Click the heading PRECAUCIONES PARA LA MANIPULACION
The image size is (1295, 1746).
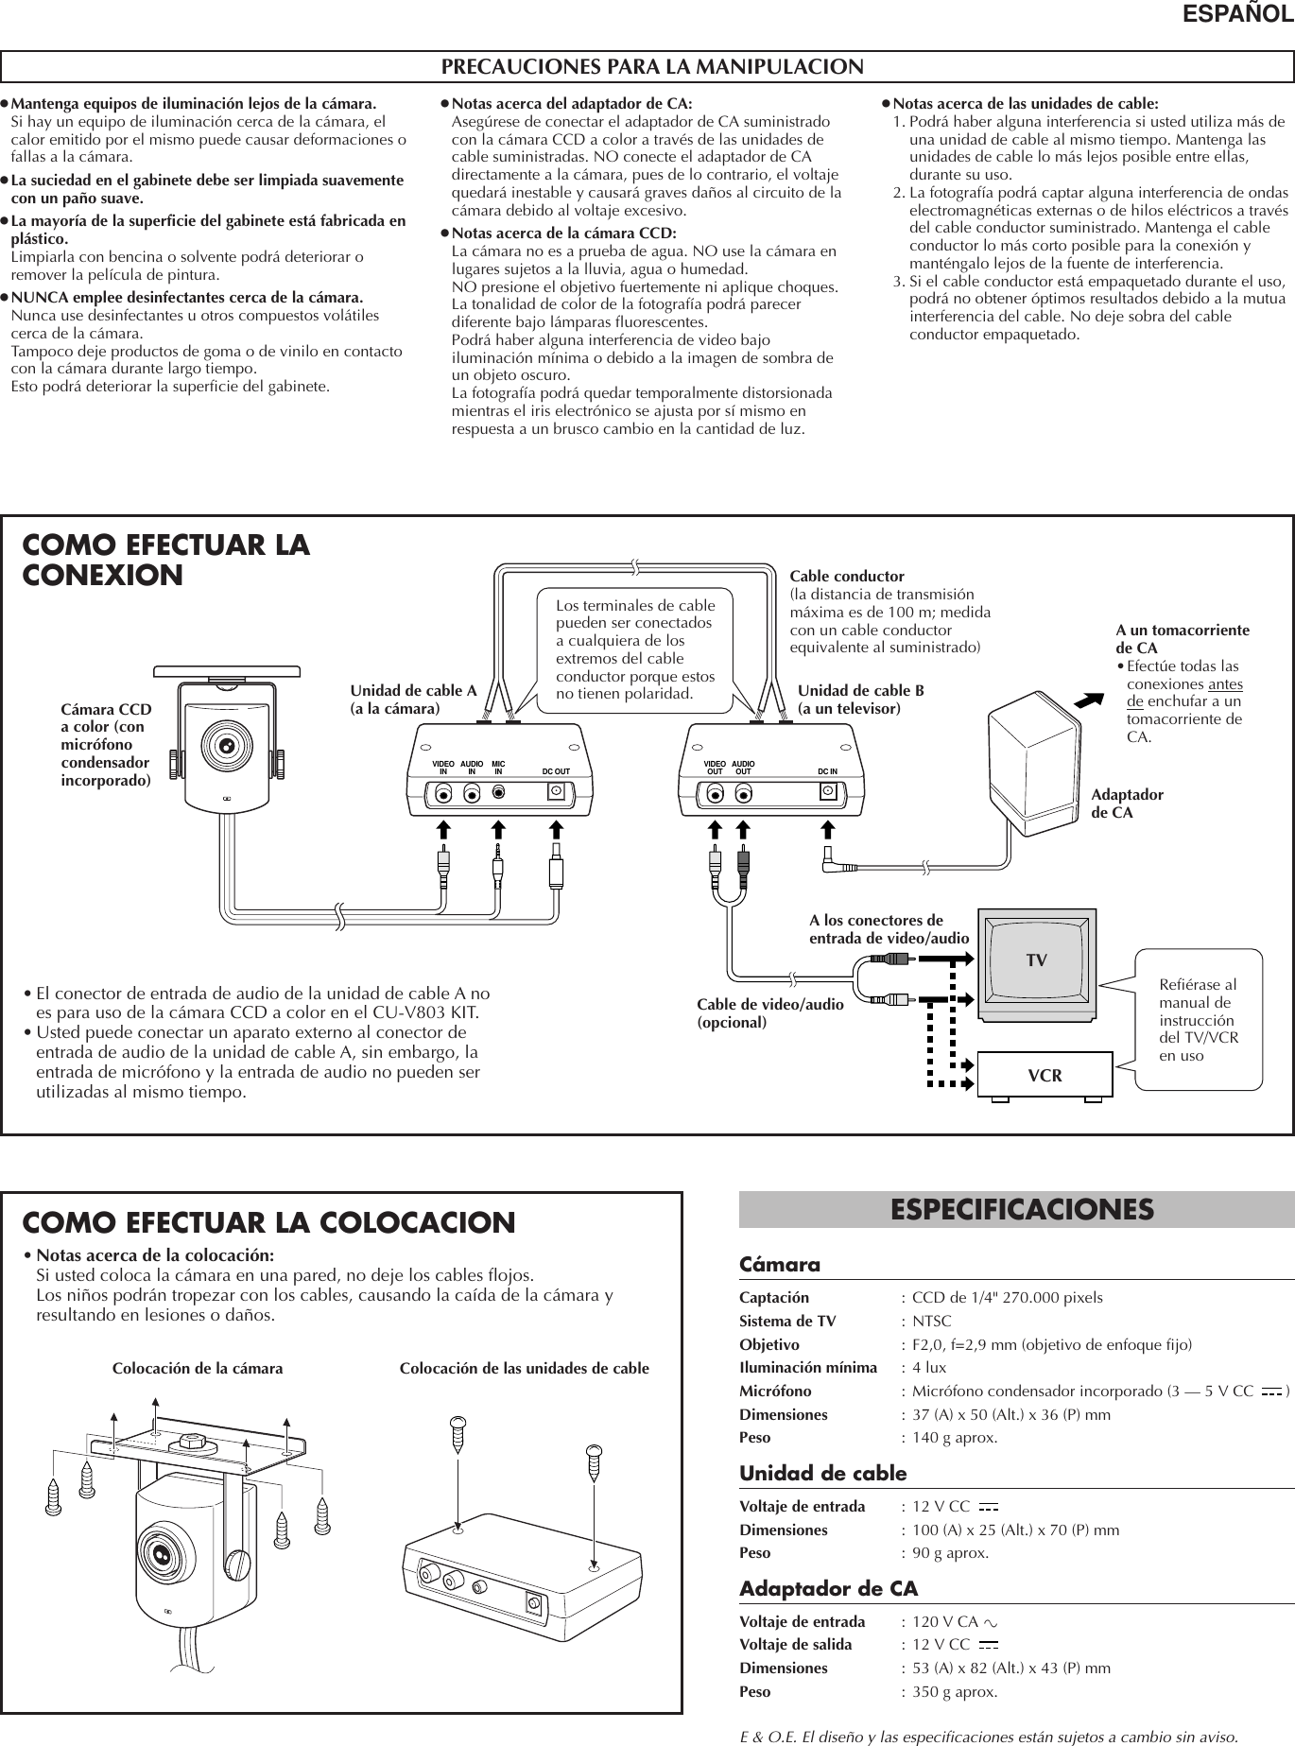tap(652, 67)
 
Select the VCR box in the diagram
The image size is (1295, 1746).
tap(1045, 1076)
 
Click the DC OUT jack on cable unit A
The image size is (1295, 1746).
tap(558, 792)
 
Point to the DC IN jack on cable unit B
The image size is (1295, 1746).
tap(829, 792)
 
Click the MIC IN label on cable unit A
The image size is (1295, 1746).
tap(498, 767)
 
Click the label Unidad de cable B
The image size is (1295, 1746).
tap(860, 690)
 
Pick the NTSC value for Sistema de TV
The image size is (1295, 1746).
tap(931, 1321)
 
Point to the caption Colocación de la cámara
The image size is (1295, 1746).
tap(197, 1368)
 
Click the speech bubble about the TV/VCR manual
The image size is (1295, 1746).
tap(1199, 1019)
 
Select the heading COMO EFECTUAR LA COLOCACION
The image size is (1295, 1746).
tap(268, 1222)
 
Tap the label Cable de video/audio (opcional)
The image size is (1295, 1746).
tap(769, 1013)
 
